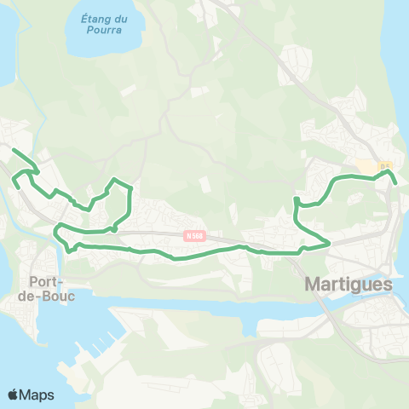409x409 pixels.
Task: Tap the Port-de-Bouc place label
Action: click(x=51, y=288)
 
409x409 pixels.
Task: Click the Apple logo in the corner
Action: click(x=14, y=395)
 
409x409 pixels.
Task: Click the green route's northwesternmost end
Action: click(x=12, y=150)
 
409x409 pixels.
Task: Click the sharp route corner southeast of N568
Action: click(x=329, y=245)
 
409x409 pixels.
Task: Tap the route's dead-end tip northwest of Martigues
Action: click(x=295, y=199)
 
